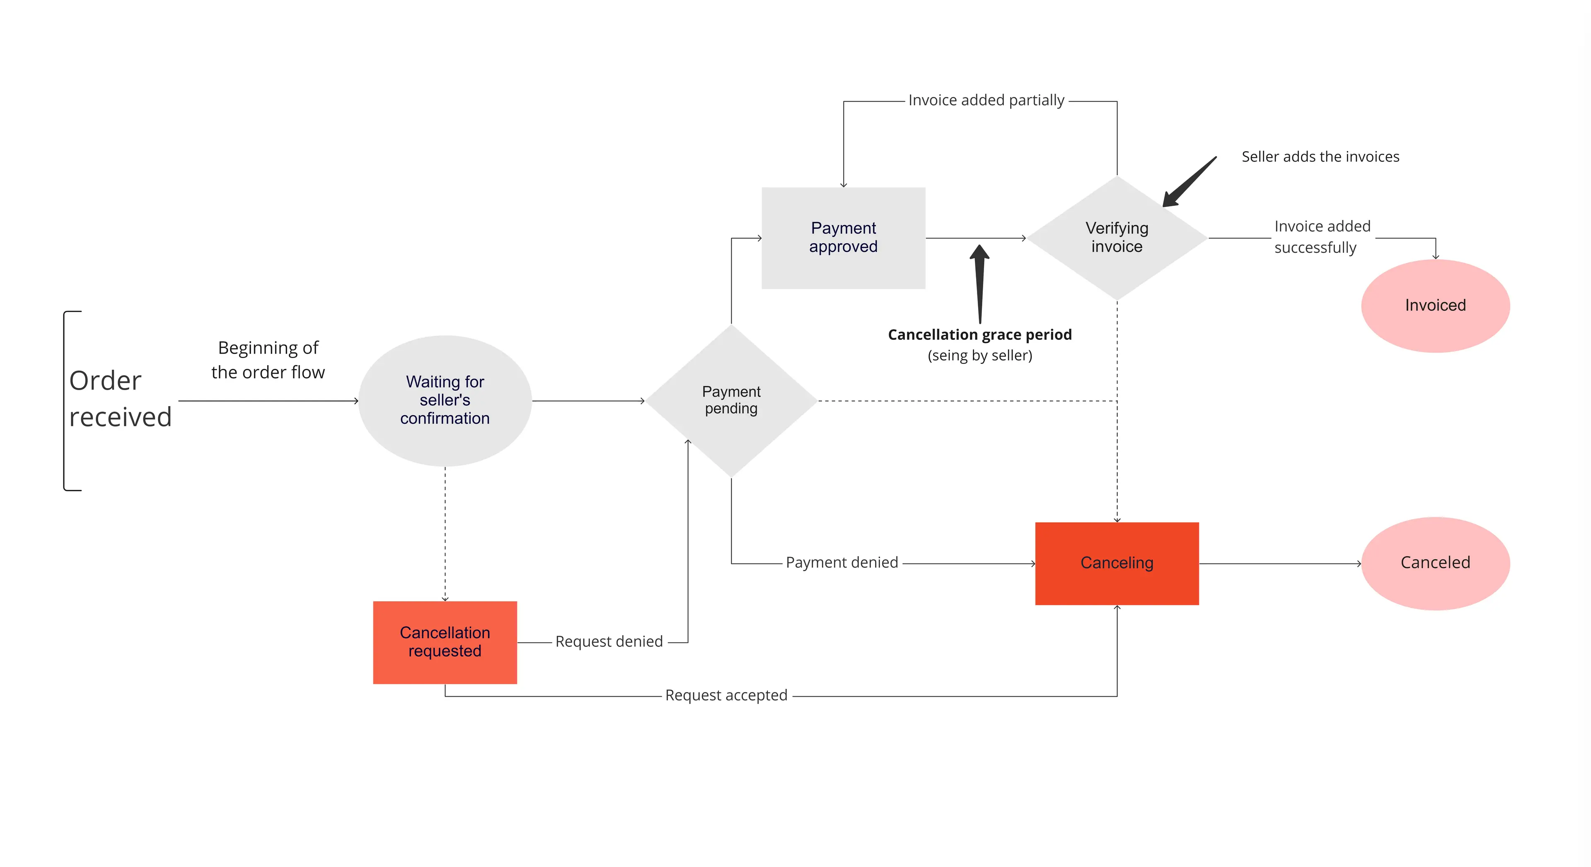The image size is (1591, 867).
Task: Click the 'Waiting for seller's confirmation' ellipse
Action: click(445, 400)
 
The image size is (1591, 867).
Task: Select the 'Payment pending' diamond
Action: click(731, 400)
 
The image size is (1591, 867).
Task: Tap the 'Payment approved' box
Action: click(843, 238)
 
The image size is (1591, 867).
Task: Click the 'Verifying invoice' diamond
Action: click(1117, 238)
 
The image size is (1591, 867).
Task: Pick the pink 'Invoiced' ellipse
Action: click(1435, 306)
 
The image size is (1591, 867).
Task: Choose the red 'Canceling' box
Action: click(1117, 563)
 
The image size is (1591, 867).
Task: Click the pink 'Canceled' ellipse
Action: click(1435, 563)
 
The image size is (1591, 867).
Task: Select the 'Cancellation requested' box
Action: click(445, 642)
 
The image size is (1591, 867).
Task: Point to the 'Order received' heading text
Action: click(120, 399)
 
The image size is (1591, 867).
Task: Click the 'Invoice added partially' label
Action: click(987, 101)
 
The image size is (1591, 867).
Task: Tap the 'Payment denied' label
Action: click(842, 563)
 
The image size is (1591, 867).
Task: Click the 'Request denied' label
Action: click(609, 642)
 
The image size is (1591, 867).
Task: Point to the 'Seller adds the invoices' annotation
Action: click(1320, 157)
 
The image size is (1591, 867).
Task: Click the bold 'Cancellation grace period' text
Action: click(979, 335)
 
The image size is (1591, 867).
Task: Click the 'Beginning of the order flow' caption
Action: click(268, 360)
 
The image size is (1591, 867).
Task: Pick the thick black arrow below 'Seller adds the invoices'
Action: click(1189, 182)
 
